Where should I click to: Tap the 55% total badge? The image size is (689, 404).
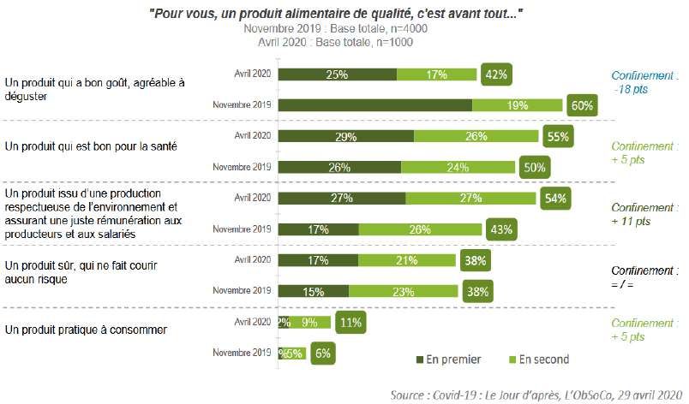[x=557, y=136]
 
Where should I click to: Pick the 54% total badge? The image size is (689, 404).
[x=554, y=198]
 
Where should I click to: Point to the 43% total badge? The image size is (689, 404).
[x=500, y=229]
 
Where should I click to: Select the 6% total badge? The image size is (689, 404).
[x=322, y=353]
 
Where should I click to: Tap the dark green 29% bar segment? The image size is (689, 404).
[x=347, y=136]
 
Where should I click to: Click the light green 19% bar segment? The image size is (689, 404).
[x=518, y=105]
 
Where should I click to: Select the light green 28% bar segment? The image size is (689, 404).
[x=421, y=229]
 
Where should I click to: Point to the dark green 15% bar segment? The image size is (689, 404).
[x=315, y=291]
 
